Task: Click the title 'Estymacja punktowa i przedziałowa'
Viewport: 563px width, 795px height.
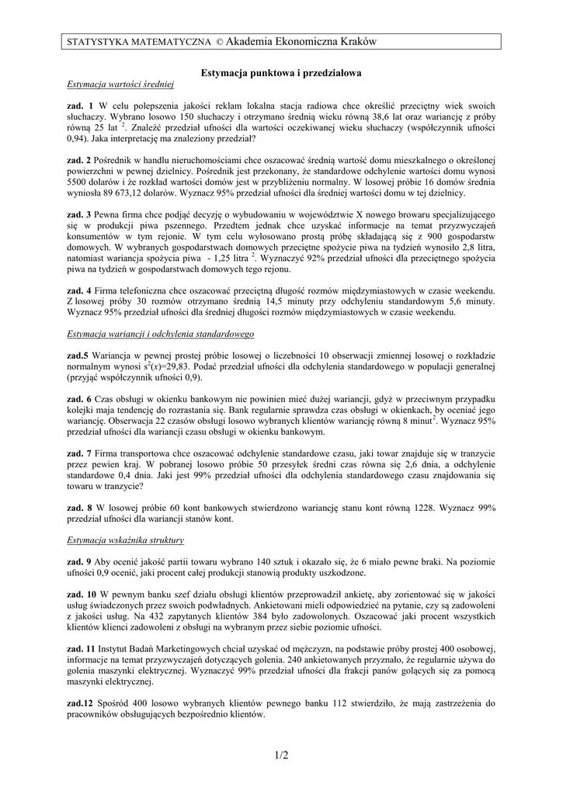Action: [x=282, y=72]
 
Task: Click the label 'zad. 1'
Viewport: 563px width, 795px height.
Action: [x=80, y=105]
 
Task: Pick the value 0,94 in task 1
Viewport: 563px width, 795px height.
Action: [x=80, y=139]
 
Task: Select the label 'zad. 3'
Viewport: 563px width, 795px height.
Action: [x=80, y=214]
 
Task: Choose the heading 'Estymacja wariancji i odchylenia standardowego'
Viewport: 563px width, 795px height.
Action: [x=161, y=333]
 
